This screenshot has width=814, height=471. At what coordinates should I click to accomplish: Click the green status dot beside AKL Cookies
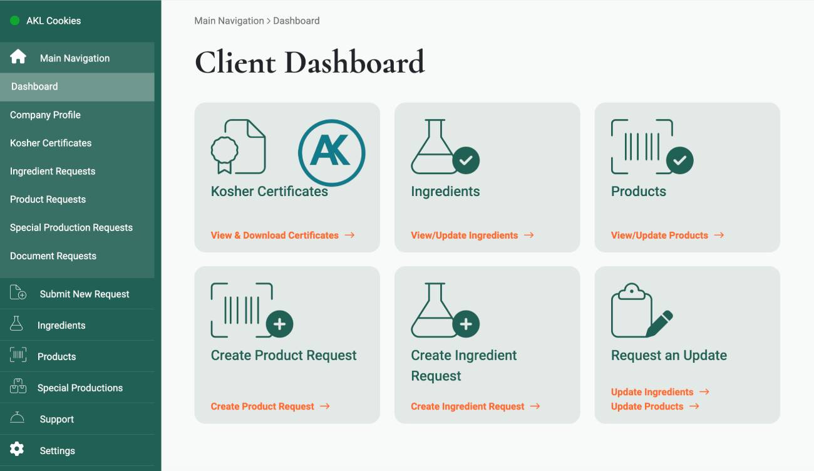15,21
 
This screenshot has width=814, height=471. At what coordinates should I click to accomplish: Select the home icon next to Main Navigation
18,57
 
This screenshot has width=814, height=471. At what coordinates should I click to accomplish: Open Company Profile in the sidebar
45,115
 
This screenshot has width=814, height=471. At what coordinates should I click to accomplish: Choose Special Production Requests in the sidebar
71,227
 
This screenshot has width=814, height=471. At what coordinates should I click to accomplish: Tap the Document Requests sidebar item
53,256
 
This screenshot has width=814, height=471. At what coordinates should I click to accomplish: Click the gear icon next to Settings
17,449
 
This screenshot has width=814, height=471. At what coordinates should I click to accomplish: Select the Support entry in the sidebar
56,419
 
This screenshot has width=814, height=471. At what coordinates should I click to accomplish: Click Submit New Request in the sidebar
84,294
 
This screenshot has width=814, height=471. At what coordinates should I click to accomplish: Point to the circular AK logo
331,152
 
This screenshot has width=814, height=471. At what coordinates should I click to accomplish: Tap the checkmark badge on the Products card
679,160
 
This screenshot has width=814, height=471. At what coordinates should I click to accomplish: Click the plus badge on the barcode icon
279,324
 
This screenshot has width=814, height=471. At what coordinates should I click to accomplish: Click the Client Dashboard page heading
309,63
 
